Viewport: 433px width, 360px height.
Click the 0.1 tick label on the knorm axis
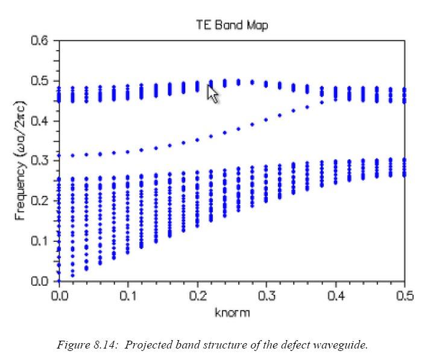click(x=128, y=295)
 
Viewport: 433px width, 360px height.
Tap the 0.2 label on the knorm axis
click(x=197, y=295)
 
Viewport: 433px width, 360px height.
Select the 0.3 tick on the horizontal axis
click(x=266, y=295)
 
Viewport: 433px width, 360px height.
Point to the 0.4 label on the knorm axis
click(x=335, y=295)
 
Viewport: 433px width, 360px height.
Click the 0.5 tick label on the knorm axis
click(x=404, y=295)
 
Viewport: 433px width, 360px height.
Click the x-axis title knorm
click(x=232, y=312)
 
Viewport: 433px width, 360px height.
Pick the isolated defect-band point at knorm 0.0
click(x=59, y=156)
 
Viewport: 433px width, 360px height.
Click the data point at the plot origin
click(x=59, y=281)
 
